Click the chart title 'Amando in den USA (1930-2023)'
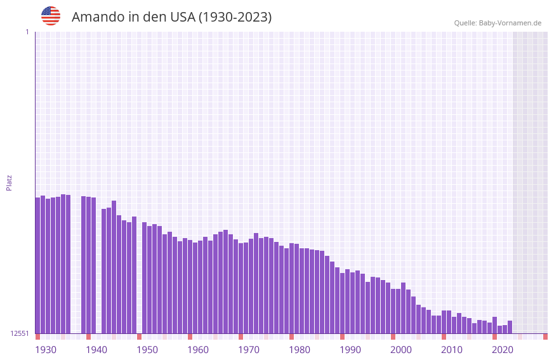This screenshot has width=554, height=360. [171, 17]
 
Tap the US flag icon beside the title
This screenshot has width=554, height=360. [51, 16]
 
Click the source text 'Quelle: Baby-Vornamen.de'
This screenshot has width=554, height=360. [498, 23]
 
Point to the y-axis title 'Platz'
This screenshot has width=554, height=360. [9, 182]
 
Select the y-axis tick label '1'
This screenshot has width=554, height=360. [27, 32]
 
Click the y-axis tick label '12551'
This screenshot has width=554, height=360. [19, 333]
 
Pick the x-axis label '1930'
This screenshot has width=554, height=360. [46, 349]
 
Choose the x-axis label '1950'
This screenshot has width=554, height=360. [147, 349]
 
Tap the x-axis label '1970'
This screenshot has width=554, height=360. [249, 349]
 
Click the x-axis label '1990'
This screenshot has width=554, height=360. [350, 349]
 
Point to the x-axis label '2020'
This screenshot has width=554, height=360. [503, 349]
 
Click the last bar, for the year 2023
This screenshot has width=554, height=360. [510, 327]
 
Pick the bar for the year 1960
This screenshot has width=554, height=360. [190, 286]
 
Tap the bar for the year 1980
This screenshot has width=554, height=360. [291, 288]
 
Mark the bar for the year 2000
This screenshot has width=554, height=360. [393, 311]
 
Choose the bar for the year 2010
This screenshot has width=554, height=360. [444, 322]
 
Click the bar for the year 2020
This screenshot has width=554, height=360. [494, 325]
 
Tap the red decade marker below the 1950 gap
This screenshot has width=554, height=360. [139, 337]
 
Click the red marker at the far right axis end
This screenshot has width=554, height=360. [545, 337]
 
